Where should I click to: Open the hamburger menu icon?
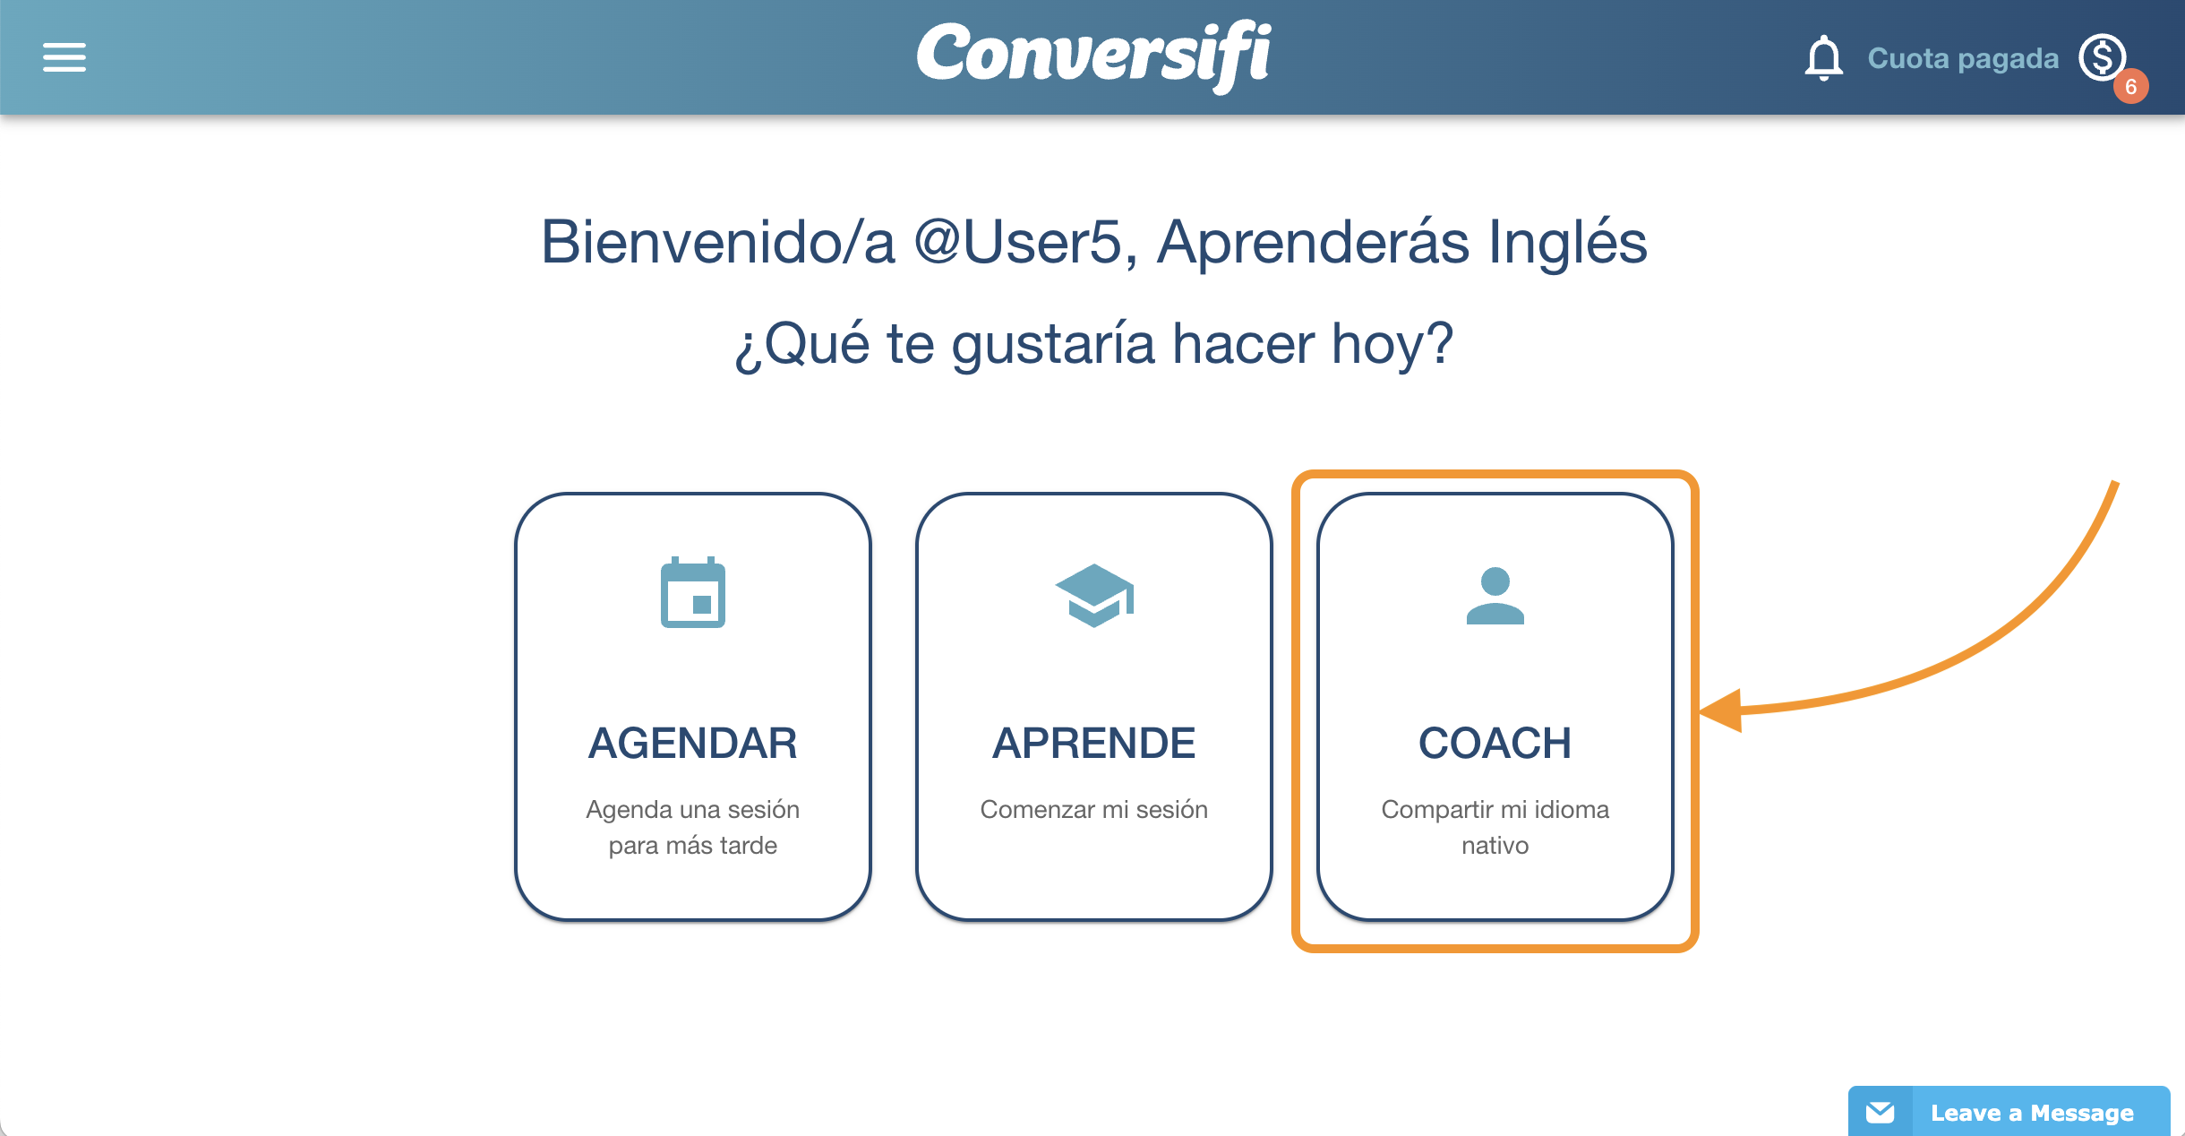(64, 57)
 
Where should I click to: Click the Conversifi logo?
(1093, 56)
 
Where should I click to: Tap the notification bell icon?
(1823, 58)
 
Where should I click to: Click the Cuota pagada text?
(1963, 58)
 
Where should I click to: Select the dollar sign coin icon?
(2102, 57)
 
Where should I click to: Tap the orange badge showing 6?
(2131, 86)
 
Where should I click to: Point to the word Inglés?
(1567, 242)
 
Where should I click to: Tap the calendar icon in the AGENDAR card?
(693, 592)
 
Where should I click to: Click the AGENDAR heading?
(693, 743)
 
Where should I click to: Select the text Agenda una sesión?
(693, 809)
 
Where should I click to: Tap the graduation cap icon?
(1094, 595)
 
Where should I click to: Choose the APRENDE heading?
(1094, 743)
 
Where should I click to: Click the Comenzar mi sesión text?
(1094, 809)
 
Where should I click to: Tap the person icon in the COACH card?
(1495, 596)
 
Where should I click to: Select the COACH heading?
(1495, 743)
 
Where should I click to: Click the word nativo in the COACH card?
(1495, 845)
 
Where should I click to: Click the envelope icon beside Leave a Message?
(1881, 1113)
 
